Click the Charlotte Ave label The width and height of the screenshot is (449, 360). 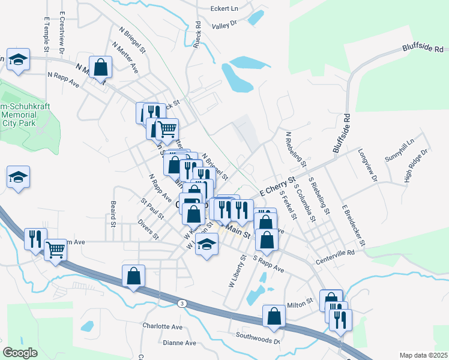tap(162, 327)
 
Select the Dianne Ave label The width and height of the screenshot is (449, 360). tap(179, 343)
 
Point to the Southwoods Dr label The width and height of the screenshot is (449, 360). tap(258, 336)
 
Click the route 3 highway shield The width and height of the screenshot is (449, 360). tap(182, 304)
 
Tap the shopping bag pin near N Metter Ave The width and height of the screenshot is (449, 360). tap(101, 67)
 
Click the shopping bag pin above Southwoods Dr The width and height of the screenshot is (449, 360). tap(274, 316)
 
